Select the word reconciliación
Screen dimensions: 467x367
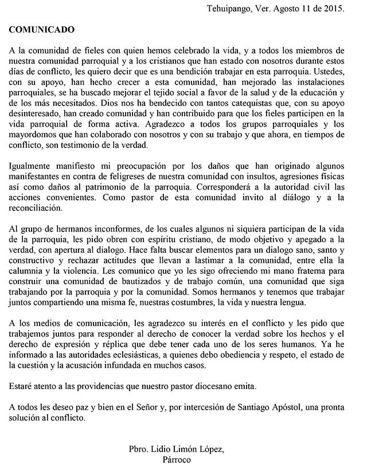(x=39, y=210)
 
